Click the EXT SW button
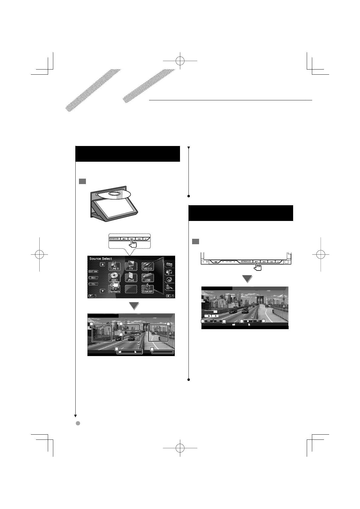click(93, 271)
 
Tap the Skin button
click(93, 277)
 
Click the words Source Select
click(101, 259)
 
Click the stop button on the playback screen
click(248, 321)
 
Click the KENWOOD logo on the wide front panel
click(246, 261)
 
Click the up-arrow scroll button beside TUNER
click(103, 264)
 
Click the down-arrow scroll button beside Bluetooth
click(103, 291)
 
